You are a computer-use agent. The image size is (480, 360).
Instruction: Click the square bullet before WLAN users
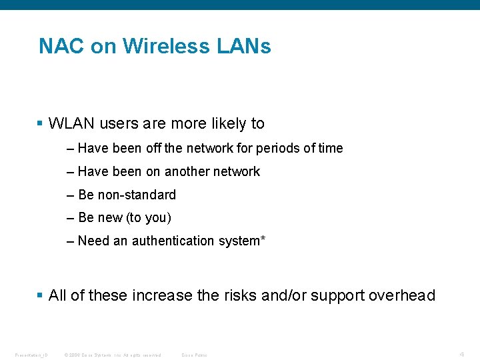point(41,123)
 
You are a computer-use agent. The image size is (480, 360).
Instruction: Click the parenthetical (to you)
point(148,217)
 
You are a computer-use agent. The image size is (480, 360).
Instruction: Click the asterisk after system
point(263,239)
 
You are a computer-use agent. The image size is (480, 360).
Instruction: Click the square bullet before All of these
point(41,295)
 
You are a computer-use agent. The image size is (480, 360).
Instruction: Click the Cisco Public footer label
point(194,355)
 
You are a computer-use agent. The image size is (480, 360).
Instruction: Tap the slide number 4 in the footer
point(461,354)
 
